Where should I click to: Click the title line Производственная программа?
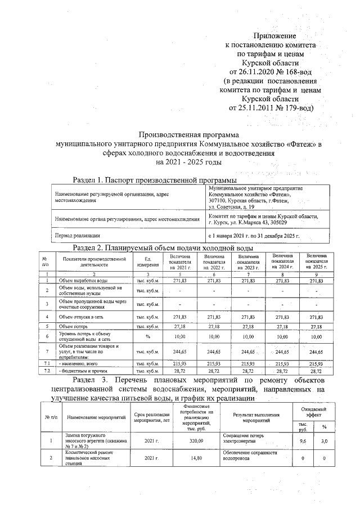click(188, 135)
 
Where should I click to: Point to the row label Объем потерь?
click(74, 326)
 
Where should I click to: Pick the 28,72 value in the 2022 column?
click(214, 372)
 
